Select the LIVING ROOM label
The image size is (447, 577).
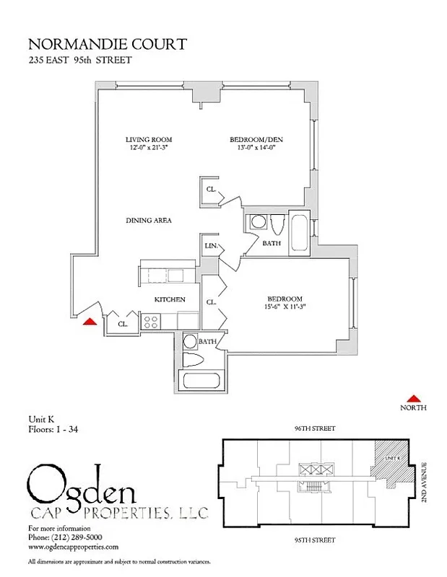(149, 139)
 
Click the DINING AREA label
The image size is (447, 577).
(148, 221)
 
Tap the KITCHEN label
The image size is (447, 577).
(170, 299)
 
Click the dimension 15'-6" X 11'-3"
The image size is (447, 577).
(285, 307)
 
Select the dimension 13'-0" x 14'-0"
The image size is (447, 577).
(253, 147)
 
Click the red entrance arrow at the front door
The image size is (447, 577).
(90, 322)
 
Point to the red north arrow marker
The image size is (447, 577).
(415, 397)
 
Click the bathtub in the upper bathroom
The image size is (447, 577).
(298, 232)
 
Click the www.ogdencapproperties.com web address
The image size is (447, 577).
(72, 547)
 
